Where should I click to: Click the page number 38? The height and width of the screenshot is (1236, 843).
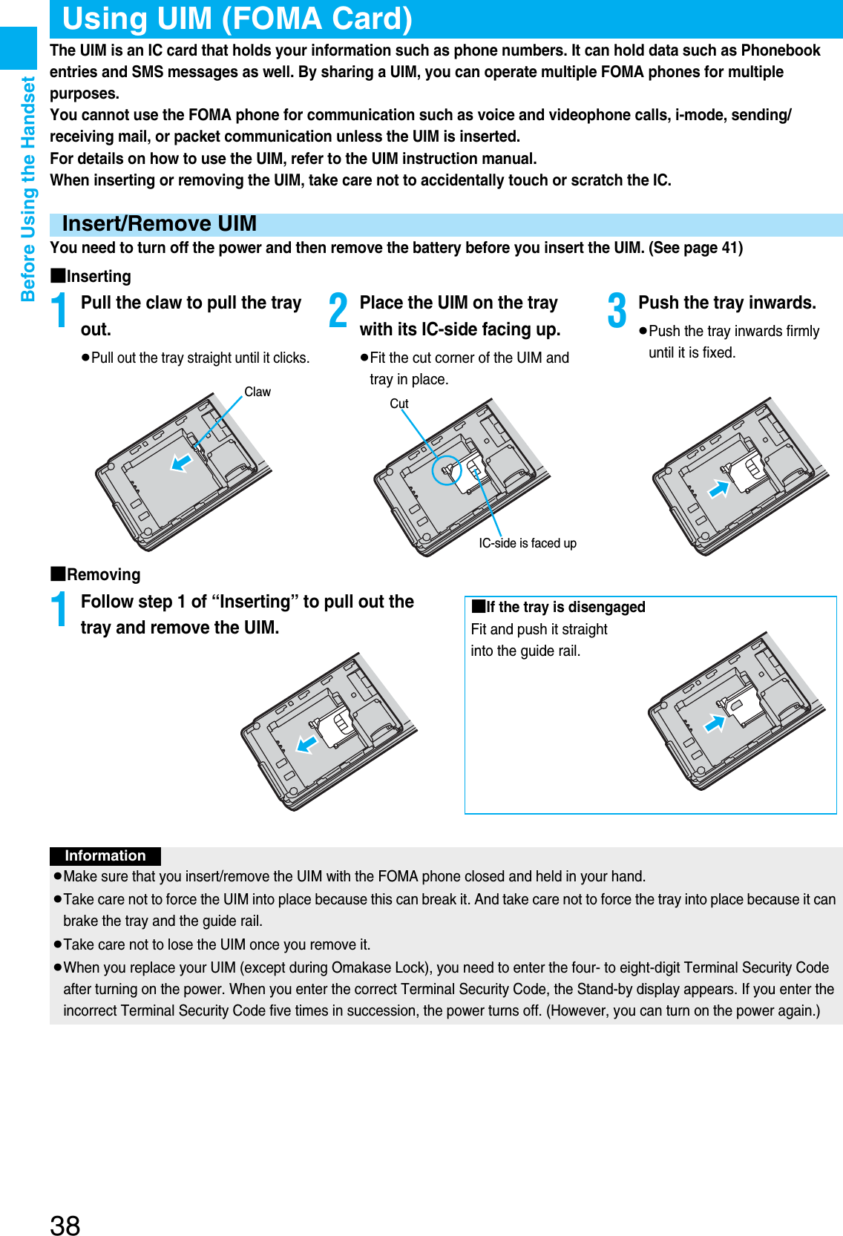pyautogui.click(x=65, y=1225)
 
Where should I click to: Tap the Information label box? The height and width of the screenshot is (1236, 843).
pyautogui.click(x=105, y=855)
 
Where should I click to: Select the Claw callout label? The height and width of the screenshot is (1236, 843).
pyautogui.click(x=258, y=392)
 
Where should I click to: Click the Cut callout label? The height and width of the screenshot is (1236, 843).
pyautogui.click(x=399, y=404)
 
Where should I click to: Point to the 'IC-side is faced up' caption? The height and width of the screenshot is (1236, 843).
pyautogui.click(x=527, y=543)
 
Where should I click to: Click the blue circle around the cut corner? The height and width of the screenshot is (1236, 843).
pyautogui.click(x=447, y=470)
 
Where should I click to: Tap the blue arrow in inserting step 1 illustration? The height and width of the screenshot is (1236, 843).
pyautogui.click(x=181, y=462)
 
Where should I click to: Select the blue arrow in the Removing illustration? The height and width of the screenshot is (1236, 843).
pyautogui.click(x=306, y=743)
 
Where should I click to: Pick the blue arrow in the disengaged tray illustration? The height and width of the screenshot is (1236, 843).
pyautogui.click(x=714, y=723)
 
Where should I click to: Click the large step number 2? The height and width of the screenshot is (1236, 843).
pyautogui.click(x=338, y=310)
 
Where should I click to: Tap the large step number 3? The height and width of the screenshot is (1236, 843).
pyautogui.click(x=617, y=310)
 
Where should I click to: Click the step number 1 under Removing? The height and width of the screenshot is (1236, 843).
pyautogui.click(x=59, y=609)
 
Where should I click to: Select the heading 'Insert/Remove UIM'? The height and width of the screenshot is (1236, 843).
pyautogui.click(x=160, y=224)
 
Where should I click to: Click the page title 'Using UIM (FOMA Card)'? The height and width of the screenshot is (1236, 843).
pyautogui.click(x=237, y=19)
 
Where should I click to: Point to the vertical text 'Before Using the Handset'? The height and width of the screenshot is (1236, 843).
pyautogui.click(x=28, y=189)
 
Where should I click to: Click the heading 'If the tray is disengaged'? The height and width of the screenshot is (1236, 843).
pyautogui.click(x=565, y=607)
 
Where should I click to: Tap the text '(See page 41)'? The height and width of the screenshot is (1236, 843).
pyautogui.click(x=695, y=248)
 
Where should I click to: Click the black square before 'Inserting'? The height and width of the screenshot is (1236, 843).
pyautogui.click(x=58, y=275)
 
